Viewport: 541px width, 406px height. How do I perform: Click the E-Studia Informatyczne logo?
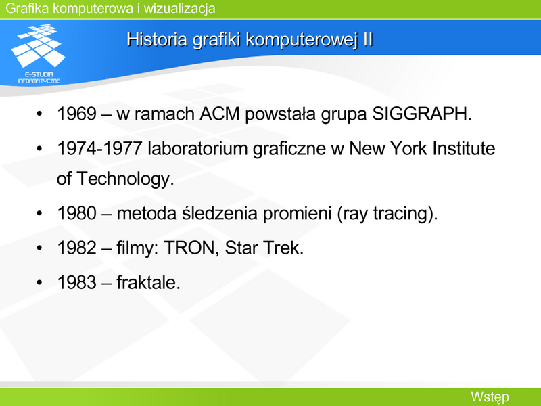click(38, 53)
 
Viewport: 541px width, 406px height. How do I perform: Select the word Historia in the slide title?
click(158, 39)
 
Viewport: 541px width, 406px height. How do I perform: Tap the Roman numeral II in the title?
click(368, 39)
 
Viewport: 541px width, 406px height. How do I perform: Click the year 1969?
click(76, 114)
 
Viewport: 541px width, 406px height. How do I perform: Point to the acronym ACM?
click(219, 114)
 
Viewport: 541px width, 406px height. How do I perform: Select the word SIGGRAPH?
click(421, 114)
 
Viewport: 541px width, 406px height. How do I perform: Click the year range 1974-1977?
click(99, 148)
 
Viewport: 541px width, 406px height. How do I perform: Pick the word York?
click(409, 148)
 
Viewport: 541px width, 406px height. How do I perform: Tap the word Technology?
click(125, 179)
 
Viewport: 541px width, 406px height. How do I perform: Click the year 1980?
click(76, 213)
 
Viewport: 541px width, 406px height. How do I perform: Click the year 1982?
click(76, 248)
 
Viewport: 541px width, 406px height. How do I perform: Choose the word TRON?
click(191, 248)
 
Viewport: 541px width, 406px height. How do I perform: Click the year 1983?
click(76, 282)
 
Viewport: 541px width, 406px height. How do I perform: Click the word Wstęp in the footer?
click(490, 397)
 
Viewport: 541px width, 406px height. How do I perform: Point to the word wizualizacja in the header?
click(179, 8)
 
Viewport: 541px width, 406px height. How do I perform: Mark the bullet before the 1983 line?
click(39, 283)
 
